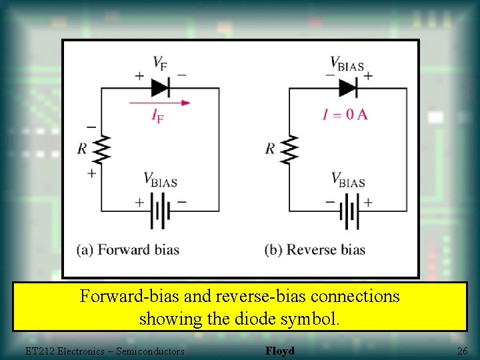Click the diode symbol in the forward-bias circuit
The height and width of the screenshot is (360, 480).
[x=161, y=87]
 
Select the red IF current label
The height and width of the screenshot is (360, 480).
[x=158, y=117]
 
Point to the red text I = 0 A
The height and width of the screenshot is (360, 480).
[x=345, y=114]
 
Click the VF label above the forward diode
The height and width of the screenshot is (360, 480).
[x=160, y=63]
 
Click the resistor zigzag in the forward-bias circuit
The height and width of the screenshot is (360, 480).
[x=101, y=148]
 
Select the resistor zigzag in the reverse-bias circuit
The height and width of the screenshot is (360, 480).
[x=289, y=148]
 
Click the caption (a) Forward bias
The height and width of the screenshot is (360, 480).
[x=128, y=250]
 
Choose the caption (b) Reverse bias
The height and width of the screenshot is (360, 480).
[x=315, y=250]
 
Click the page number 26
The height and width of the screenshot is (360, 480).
[x=462, y=351]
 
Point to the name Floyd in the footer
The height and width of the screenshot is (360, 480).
[x=279, y=351]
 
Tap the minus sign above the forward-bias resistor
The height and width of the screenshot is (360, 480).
[x=91, y=127]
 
